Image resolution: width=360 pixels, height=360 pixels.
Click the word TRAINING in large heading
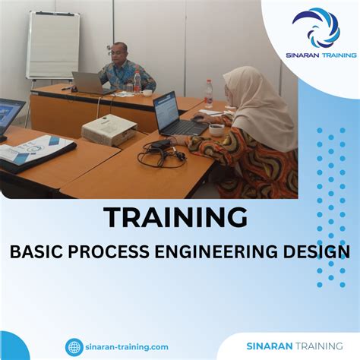point(175,218)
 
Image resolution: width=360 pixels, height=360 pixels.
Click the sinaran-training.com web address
point(127,347)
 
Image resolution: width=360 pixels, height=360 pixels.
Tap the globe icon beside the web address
point(74,347)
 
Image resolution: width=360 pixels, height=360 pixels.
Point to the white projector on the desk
point(109,130)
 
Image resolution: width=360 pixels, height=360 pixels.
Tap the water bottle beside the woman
point(209,93)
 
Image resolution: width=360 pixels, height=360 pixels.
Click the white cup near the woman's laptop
point(216,130)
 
